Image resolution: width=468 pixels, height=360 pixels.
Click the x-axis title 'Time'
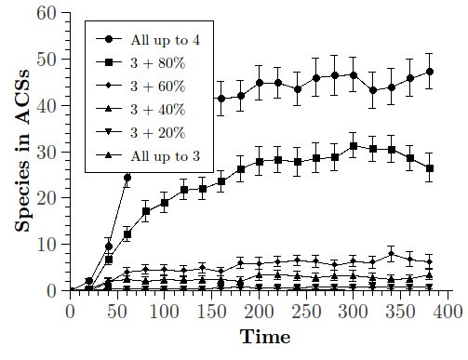(259, 338)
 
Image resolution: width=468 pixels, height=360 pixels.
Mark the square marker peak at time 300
(354, 146)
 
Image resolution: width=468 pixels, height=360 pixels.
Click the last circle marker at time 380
(429, 72)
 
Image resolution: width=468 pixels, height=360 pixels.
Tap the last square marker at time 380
(429, 168)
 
